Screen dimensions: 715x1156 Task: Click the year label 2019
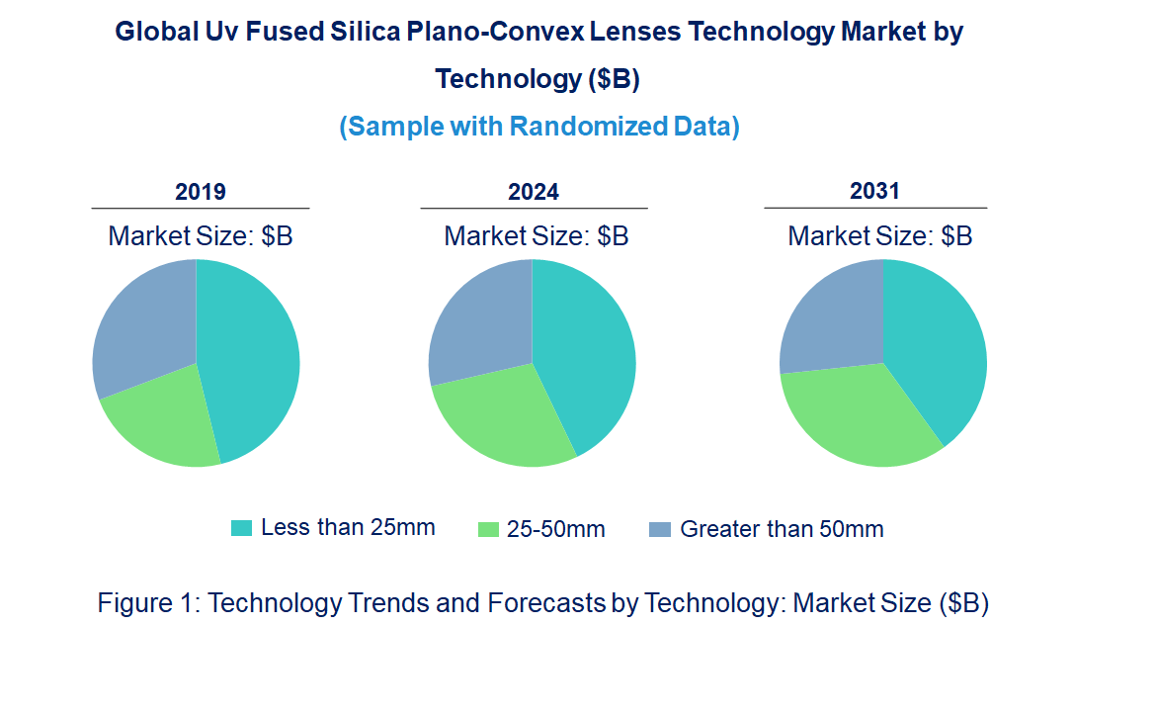click(x=201, y=192)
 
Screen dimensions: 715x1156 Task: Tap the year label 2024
click(x=534, y=192)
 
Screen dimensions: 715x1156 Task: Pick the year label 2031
click(x=874, y=191)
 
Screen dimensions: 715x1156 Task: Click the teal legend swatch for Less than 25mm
click(x=241, y=528)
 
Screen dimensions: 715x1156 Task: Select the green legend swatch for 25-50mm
click(x=488, y=529)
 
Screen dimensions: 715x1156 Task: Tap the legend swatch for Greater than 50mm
click(x=659, y=529)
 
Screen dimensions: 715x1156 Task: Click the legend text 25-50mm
click(x=555, y=529)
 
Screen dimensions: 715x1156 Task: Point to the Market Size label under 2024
click(x=536, y=236)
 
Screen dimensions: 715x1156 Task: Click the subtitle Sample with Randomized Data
click(x=539, y=127)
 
